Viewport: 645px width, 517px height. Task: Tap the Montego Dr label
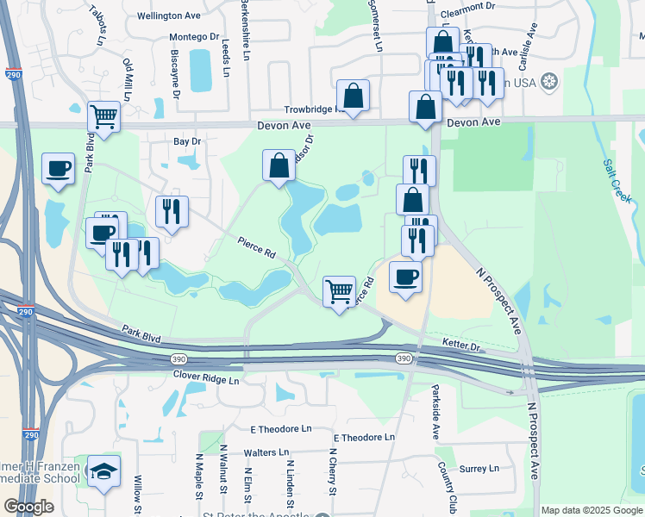pyautogui.click(x=194, y=37)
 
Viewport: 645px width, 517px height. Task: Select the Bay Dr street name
pyautogui.click(x=187, y=140)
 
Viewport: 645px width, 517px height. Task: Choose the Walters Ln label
pyautogui.click(x=266, y=452)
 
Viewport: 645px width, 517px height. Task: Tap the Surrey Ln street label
pyautogui.click(x=479, y=469)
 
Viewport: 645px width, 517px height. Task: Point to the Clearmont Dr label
pyautogui.click(x=467, y=15)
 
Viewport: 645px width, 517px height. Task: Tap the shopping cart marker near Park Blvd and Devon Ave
pyautogui.click(x=103, y=115)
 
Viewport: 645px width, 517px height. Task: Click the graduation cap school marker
pyautogui.click(x=103, y=470)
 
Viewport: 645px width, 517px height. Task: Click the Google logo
pyautogui.click(x=28, y=507)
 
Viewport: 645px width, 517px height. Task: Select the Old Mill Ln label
pyautogui.click(x=127, y=79)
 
